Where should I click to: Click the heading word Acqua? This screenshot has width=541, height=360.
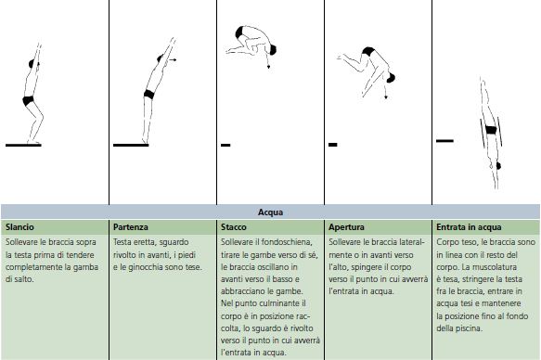tap(270, 212)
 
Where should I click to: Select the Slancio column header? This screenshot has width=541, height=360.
tap(19, 227)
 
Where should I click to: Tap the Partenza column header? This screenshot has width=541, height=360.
tap(131, 227)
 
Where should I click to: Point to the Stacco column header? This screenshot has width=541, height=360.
tap(234, 227)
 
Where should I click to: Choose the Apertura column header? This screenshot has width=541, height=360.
tap(346, 227)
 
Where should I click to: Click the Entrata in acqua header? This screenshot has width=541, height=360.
tap(469, 227)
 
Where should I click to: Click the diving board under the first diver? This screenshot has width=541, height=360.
tap(23, 145)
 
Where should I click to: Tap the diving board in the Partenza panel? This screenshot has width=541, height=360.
tap(131, 145)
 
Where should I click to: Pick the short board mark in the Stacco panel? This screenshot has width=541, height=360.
tap(225, 145)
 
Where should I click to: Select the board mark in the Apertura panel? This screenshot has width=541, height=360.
tap(332, 145)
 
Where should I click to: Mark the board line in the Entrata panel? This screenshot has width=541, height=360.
tap(444, 141)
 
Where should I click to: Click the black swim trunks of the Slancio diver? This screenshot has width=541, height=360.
tap(28, 100)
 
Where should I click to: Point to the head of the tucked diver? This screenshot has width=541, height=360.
tap(272, 50)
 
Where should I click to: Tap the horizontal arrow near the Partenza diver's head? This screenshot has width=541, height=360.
tap(172, 59)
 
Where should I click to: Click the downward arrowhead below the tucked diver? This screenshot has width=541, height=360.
tap(268, 67)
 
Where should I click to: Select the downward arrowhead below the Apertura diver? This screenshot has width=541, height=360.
tap(386, 97)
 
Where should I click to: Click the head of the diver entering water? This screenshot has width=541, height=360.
tap(498, 166)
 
